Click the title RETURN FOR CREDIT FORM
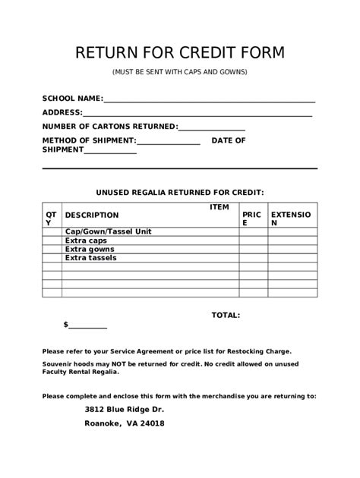180,52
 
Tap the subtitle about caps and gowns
180,72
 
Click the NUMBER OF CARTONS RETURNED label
109,127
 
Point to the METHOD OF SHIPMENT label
89,140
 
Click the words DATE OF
229,140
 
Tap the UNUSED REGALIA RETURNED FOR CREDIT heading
179,193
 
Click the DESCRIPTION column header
92,215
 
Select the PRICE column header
251,219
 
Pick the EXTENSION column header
292,219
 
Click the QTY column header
50,219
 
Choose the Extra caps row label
86,241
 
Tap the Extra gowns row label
90,249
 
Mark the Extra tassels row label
91,257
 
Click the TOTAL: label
226,314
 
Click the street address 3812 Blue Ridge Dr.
124,410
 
